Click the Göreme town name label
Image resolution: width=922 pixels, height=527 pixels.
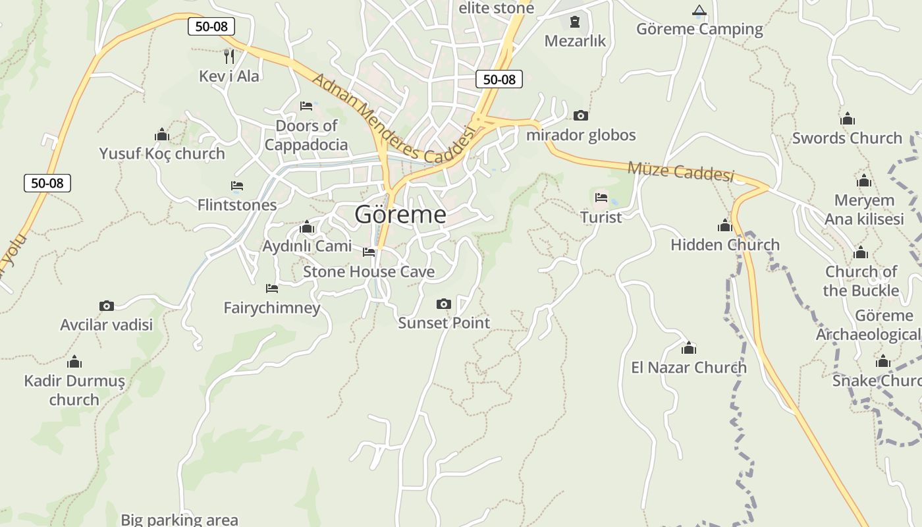click(400, 214)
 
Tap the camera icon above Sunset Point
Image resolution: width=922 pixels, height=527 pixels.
click(444, 304)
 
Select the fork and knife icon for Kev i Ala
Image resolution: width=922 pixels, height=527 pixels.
click(229, 57)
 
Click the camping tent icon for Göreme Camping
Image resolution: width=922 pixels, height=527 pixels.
click(699, 11)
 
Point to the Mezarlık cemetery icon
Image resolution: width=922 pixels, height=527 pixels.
click(575, 22)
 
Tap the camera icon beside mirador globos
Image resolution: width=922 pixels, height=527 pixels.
click(580, 116)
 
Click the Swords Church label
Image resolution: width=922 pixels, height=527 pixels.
click(847, 138)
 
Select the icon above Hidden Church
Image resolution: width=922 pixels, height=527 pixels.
click(725, 226)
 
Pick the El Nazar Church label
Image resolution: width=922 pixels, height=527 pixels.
click(689, 367)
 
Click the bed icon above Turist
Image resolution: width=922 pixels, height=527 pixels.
click(601, 197)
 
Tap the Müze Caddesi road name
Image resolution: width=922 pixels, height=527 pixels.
click(680, 171)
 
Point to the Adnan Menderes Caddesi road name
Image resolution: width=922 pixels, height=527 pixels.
click(393, 119)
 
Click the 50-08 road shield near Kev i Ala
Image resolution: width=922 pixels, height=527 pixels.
click(211, 26)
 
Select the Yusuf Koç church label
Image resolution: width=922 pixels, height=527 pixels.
click(162, 153)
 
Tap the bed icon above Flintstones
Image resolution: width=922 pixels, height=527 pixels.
click(237, 186)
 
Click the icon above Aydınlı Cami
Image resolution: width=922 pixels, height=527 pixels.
click(307, 227)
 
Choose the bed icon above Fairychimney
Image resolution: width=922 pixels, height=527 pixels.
click(271, 289)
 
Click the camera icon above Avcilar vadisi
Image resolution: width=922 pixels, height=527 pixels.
click(107, 306)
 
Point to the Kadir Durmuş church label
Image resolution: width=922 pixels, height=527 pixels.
click(74, 390)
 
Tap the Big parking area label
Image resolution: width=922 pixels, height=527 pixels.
click(179, 520)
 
